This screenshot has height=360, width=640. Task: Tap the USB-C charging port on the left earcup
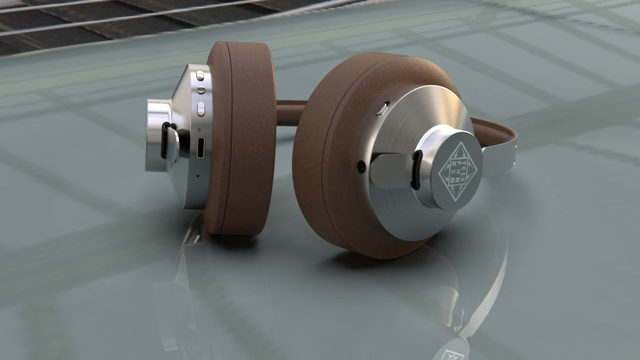tap(201, 147)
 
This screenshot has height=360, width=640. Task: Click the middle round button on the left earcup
tap(201, 90)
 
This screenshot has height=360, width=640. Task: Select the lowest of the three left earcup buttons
tap(201, 108)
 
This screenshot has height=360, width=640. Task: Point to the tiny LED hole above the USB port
tap(199, 130)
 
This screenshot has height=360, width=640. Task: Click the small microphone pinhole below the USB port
tap(198, 176)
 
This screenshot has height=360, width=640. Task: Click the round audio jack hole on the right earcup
tap(361, 167)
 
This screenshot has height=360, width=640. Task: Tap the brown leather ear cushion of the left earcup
tap(243, 137)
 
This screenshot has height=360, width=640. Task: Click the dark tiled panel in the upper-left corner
tap(66, 22)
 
